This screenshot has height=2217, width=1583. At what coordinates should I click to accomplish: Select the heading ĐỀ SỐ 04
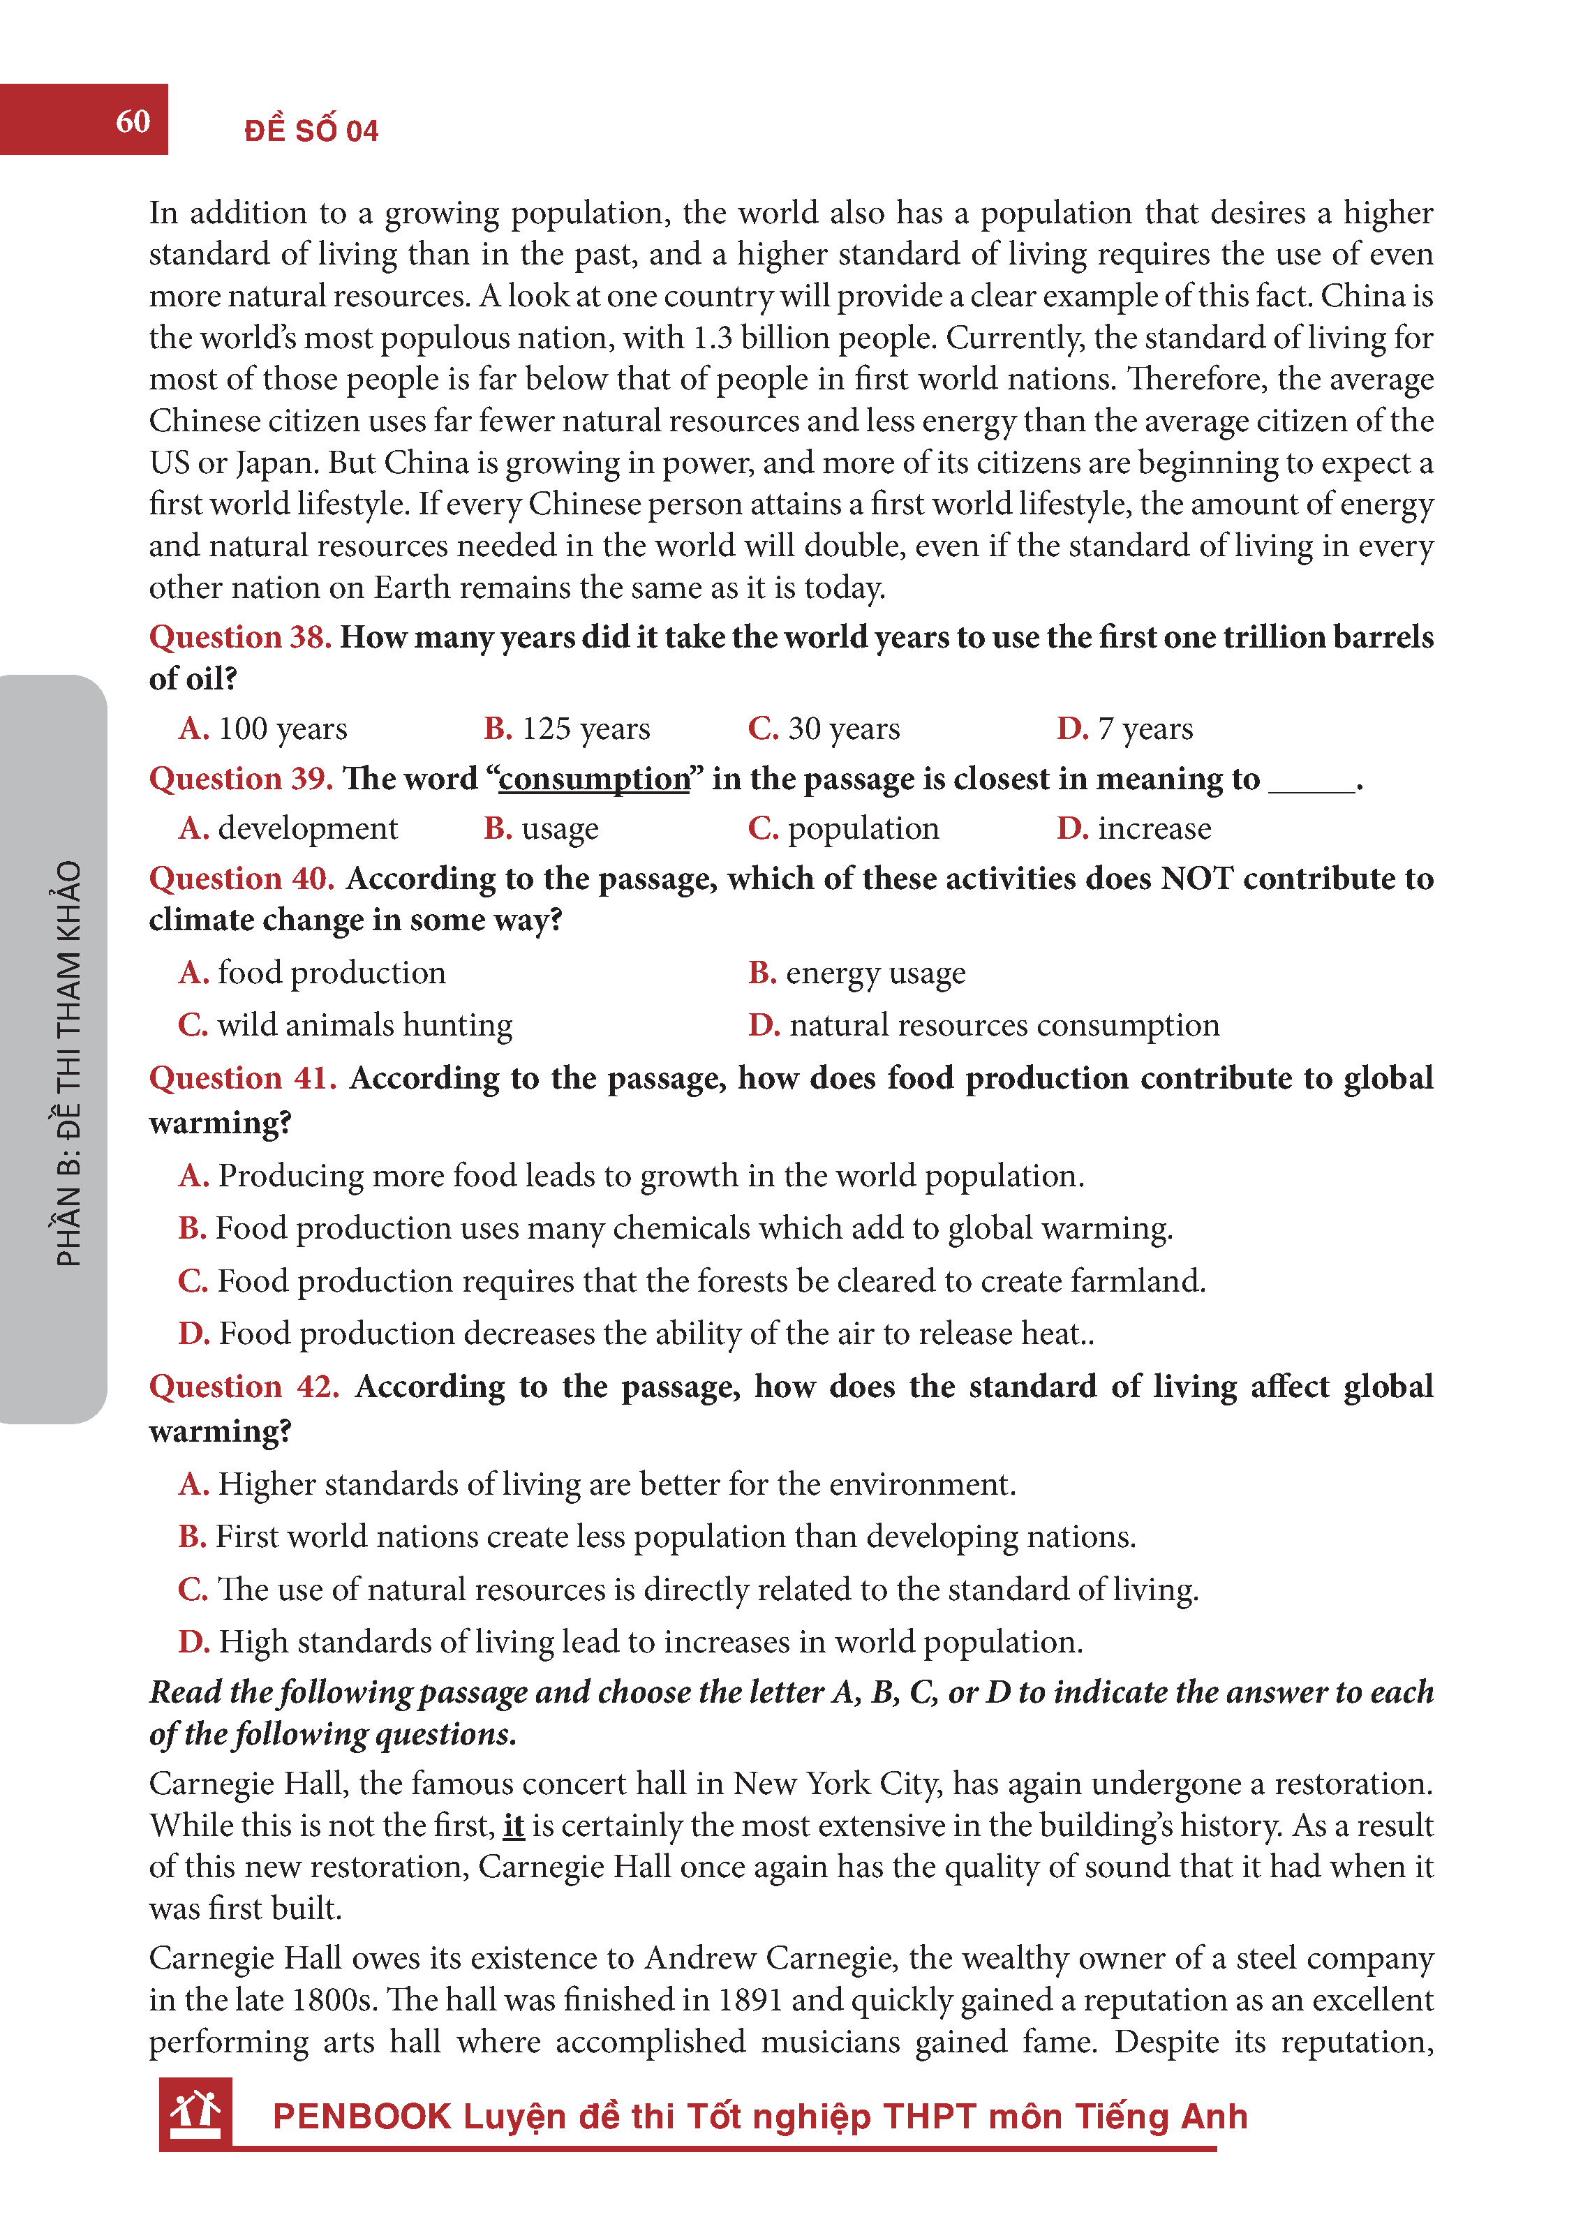(311, 130)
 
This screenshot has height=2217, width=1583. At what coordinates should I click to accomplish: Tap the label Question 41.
(243, 1078)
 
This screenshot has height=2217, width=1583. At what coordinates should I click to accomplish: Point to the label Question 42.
(244, 1386)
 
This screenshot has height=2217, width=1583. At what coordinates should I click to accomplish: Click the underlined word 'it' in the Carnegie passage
(514, 1824)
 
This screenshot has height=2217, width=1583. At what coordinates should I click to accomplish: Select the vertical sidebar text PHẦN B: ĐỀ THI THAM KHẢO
(68, 1062)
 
